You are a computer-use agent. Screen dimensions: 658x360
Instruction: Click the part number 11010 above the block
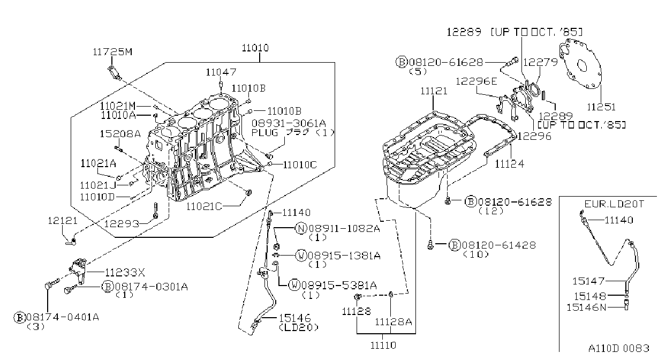[x=255, y=48]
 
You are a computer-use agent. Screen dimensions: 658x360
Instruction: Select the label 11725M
[x=113, y=52]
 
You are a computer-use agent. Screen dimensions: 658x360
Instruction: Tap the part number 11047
[x=221, y=72]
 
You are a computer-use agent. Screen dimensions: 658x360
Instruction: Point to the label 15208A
[x=120, y=134]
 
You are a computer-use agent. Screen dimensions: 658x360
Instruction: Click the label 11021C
[x=204, y=207]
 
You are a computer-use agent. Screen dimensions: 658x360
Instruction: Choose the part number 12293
[x=122, y=224]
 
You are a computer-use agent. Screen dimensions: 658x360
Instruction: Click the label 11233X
[x=125, y=273]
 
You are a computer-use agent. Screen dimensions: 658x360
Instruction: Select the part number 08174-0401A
[x=63, y=317]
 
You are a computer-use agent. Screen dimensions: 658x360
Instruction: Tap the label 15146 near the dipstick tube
[x=294, y=318]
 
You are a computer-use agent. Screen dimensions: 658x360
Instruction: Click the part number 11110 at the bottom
[x=383, y=346]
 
